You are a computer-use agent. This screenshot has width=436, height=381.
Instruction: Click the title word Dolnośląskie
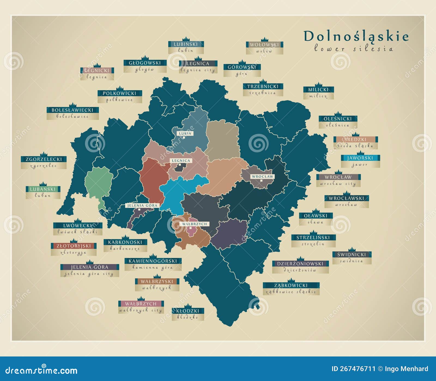point(356,37)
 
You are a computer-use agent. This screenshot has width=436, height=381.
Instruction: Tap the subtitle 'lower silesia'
point(353,49)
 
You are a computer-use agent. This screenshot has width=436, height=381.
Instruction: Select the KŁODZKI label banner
point(188,311)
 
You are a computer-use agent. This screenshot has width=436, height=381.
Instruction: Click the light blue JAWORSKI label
point(360,158)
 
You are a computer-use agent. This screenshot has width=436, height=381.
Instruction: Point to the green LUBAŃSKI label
point(43,189)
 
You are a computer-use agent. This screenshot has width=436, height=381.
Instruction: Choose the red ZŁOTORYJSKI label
point(74,246)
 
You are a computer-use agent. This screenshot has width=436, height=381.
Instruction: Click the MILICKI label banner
point(318,90)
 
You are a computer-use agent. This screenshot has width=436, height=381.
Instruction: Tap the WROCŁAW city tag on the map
point(262,177)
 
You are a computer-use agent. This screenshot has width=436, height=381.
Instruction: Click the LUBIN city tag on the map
point(185,134)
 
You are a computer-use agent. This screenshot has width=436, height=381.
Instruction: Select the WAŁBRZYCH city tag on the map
point(195,224)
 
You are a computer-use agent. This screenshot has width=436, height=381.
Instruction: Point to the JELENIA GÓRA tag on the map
point(143,205)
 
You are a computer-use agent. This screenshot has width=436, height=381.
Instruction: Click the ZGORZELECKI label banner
point(44,159)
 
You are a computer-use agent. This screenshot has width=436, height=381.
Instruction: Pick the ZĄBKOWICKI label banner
point(291,285)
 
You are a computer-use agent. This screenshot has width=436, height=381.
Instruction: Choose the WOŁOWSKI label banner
point(264,44)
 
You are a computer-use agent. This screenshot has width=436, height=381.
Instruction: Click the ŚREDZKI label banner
point(355,140)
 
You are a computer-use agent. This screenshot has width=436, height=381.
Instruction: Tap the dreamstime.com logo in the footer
point(41,370)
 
